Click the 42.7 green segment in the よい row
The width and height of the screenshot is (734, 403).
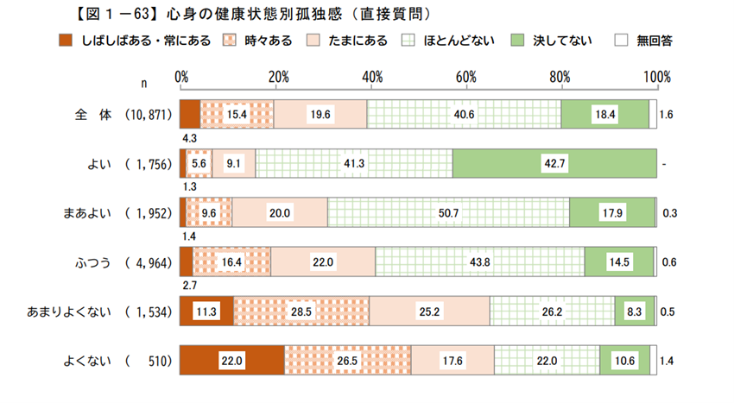click(x=553, y=162)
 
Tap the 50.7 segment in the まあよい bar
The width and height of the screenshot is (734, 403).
click(x=448, y=212)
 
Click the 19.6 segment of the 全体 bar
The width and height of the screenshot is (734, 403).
click(x=320, y=114)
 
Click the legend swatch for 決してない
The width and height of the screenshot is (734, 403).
click(x=518, y=41)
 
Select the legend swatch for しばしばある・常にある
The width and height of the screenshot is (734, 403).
click(x=66, y=41)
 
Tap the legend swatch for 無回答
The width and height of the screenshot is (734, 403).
click(x=621, y=41)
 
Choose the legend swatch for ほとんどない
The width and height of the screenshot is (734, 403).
click(x=410, y=41)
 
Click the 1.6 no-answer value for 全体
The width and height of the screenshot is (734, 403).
click(x=666, y=114)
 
